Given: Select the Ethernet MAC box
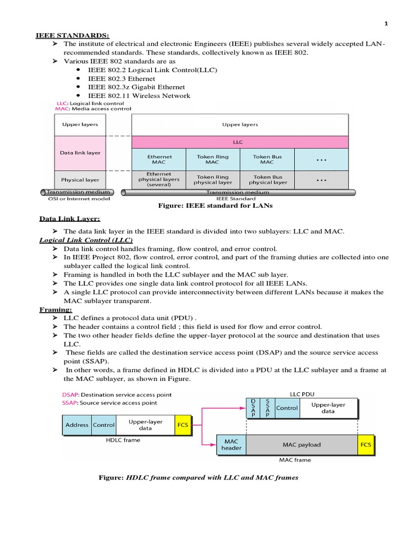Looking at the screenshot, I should coord(159,160).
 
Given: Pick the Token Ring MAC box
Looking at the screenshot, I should coord(212,160).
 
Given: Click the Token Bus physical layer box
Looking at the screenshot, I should coord(267,179).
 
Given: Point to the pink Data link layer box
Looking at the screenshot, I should coord(81,153).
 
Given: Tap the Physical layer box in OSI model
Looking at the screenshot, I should coord(81,180).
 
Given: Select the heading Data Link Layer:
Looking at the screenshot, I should coord(69,219).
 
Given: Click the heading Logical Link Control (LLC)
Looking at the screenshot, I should coord(86,240).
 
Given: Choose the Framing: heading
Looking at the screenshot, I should coord(56,310).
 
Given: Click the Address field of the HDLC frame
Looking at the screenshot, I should coord(77,425).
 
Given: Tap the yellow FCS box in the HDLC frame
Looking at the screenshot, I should coord(183,425).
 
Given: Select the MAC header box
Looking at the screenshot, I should coord(231,444).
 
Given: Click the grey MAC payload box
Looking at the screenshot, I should coord(302,444).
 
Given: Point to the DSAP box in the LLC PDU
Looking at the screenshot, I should coord(253,408).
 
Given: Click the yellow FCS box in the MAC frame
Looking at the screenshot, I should coord(366,444).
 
